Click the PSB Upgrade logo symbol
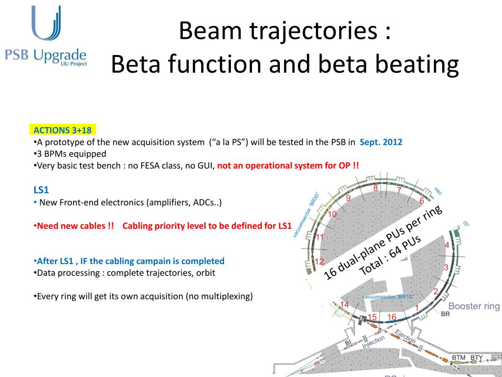pos(46,24)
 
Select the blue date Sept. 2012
pos(380,142)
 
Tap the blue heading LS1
pos(41,189)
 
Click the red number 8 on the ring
pos(376,188)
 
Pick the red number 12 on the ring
pos(319,261)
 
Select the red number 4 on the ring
pos(447,245)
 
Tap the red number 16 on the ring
pos(391,317)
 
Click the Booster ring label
pos(474,306)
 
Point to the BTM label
pos(459,357)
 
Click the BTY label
pos(477,357)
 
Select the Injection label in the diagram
pos(373,343)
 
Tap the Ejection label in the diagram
pos(405,337)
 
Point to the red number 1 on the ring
pos(417,308)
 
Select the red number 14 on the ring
pos(345,305)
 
